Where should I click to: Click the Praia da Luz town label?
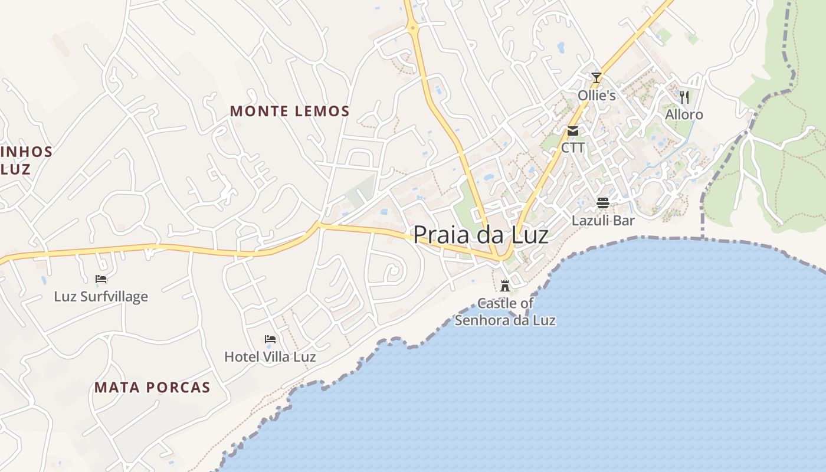480,235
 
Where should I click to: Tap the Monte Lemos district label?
290,111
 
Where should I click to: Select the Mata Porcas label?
152,388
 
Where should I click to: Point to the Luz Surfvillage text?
101,296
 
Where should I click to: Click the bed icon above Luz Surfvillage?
101,279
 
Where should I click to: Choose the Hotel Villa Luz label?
270,357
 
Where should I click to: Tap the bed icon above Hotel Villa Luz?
270,339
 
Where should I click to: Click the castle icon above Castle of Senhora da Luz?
505,286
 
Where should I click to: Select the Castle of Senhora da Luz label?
505,312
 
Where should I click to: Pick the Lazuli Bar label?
603,221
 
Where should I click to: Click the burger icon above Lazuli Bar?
603,203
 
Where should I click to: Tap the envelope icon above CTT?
572,131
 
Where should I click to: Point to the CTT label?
572,147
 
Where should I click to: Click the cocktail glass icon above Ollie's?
596,77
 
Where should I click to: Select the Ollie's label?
596,95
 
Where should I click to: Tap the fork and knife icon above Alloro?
684,97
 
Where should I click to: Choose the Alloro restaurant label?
684,114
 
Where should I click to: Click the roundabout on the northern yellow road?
412,27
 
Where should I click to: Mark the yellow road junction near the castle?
501,258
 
